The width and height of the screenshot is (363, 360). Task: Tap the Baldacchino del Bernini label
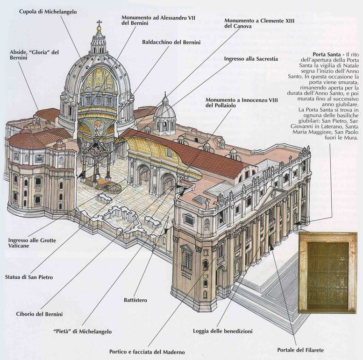pyautogui.click(x=171, y=42)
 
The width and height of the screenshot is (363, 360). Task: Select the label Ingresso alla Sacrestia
pyautogui.click(x=251, y=59)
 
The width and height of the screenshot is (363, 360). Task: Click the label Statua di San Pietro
pyautogui.click(x=29, y=277)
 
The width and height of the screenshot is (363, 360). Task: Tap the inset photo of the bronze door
pyautogui.click(x=327, y=272)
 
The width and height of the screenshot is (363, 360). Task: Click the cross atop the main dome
pyautogui.click(x=99, y=22)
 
